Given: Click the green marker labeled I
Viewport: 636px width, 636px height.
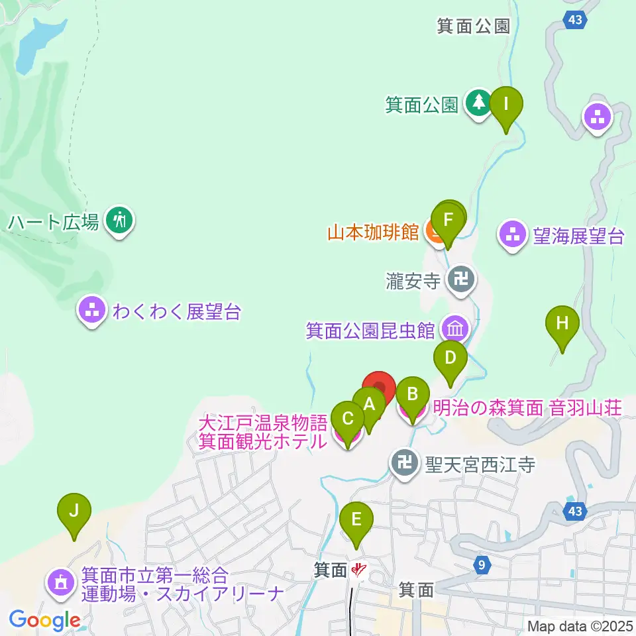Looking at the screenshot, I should click(506, 105).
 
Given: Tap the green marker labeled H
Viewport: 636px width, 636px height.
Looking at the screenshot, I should click(562, 324).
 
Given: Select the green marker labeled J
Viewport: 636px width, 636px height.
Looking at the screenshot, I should click(74, 511).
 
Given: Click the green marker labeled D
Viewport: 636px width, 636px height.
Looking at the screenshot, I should click(450, 358).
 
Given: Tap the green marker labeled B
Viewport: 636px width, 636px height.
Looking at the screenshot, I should click(412, 395).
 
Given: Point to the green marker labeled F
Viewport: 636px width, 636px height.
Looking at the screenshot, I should click(447, 219).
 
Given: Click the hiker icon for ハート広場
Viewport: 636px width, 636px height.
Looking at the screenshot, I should click(120, 219).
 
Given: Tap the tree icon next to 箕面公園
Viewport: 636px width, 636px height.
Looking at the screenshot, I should click(478, 103).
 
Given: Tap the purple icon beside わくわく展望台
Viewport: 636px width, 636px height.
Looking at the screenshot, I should click(91, 309).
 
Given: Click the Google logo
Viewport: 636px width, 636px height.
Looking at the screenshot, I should click(44, 620).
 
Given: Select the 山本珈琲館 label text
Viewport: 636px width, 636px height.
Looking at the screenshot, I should click(373, 233).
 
